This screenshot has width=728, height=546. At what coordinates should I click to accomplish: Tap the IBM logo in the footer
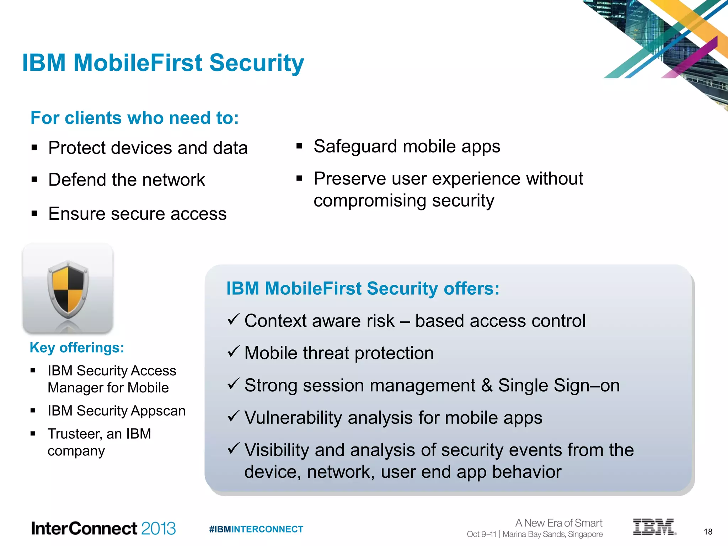(654, 527)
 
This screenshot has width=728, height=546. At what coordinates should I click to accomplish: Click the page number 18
(708, 532)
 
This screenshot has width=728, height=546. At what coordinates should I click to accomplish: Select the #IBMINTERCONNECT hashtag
(256, 529)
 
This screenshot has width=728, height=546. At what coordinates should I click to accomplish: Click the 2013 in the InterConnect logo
(158, 528)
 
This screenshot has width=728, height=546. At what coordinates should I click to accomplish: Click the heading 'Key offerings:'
(77, 348)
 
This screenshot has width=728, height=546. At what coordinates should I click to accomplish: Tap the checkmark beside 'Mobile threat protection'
(234, 352)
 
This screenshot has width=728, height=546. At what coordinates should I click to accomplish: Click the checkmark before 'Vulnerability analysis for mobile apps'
(234, 416)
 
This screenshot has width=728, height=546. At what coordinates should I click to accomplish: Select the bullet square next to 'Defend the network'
(34, 180)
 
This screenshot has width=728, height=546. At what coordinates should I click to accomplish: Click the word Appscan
(158, 411)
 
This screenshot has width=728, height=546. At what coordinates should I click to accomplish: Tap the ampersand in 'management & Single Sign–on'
(486, 386)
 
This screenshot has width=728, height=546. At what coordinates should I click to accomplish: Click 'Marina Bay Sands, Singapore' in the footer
(552, 534)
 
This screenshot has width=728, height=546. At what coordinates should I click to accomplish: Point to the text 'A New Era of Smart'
(558, 523)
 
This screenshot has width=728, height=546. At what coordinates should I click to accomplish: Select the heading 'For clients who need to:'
(134, 118)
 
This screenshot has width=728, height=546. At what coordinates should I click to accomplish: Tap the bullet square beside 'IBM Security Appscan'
(33, 411)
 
